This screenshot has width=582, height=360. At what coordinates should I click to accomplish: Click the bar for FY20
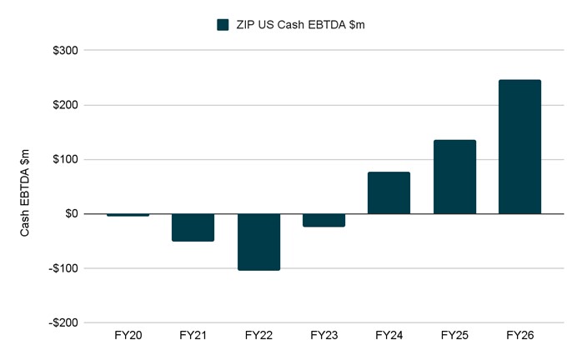coord(128,215)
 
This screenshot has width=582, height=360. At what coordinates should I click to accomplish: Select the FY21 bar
coord(193,227)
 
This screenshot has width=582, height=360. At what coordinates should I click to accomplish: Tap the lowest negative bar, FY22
coord(258,242)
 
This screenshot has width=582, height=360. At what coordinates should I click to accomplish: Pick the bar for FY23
coord(324,220)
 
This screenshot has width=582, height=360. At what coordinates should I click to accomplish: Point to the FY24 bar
coord(389,193)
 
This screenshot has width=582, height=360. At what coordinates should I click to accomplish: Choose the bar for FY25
coord(454,177)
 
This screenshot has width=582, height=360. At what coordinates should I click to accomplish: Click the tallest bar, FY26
coord(519,147)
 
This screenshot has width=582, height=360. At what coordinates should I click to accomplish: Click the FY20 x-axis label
coord(128,336)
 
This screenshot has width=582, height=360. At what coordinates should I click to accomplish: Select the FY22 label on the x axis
coord(258,336)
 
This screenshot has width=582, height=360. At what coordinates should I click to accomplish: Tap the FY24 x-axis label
coord(389,336)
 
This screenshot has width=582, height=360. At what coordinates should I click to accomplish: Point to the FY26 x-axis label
coord(519,336)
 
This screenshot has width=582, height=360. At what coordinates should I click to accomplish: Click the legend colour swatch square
coord(223,25)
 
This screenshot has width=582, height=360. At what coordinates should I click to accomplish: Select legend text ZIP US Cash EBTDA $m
coord(299,25)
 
